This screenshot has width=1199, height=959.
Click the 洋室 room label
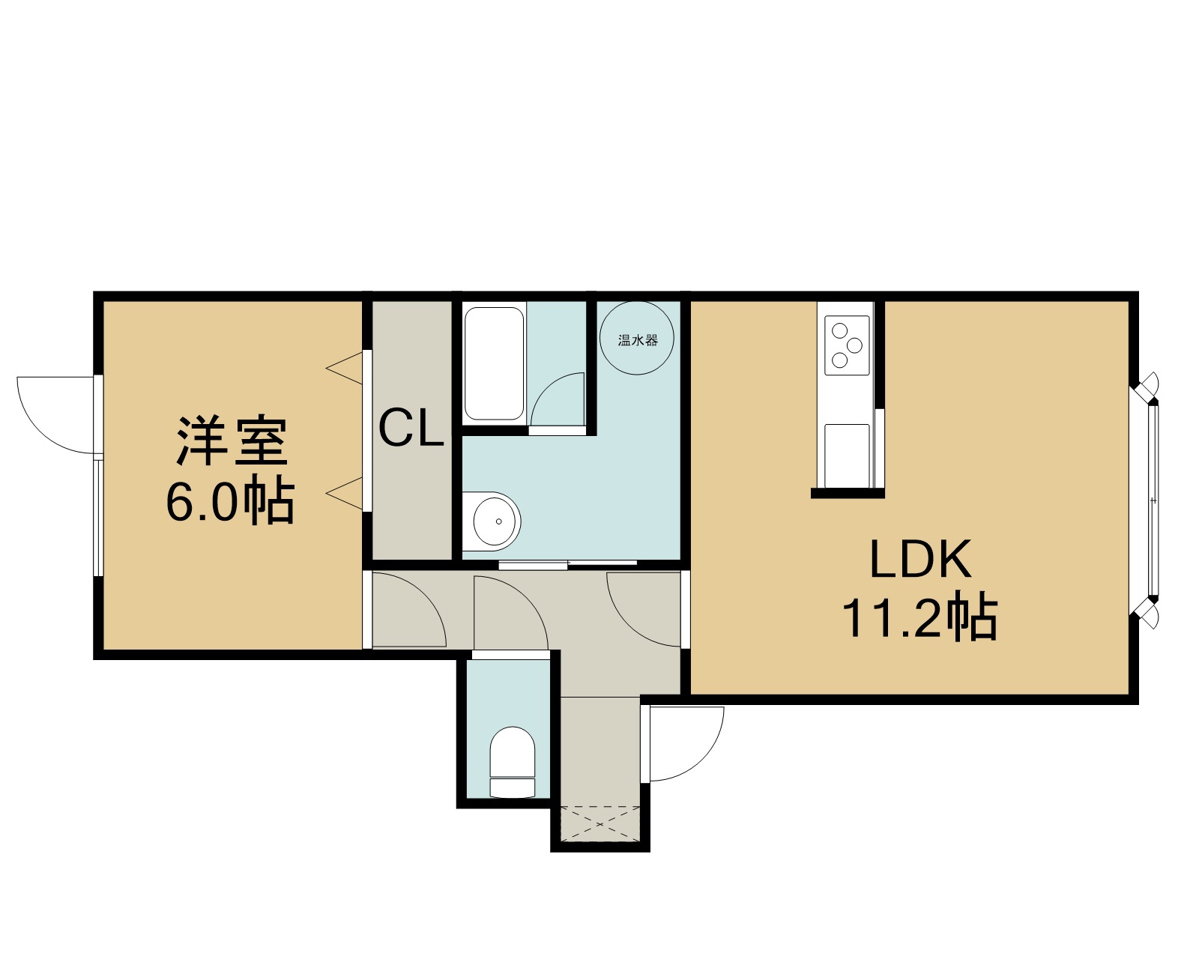click(x=232, y=441)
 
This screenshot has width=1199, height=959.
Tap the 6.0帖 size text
click(x=230, y=499)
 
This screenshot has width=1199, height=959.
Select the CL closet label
click(x=411, y=427)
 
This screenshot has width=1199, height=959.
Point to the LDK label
click(x=920, y=559)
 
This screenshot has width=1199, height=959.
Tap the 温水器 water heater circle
click(x=637, y=338)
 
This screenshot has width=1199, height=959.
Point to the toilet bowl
click(x=513, y=762)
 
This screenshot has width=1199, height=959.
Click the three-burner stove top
click(x=847, y=345)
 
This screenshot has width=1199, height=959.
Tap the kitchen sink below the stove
click(x=847, y=456)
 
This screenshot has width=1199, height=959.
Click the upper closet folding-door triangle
click(x=344, y=368)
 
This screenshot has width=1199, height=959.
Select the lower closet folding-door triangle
click(x=344, y=494)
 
